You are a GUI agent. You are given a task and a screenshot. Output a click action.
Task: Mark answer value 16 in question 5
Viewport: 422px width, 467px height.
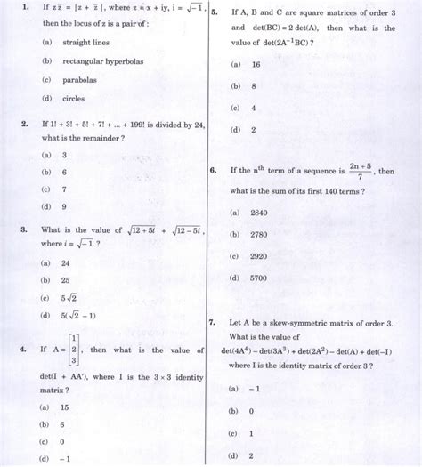[255, 65]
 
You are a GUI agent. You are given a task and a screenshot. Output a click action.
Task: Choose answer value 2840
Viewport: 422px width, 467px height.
[261, 213]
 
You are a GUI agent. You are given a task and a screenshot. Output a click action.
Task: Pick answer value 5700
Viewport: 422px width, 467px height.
[261, 278]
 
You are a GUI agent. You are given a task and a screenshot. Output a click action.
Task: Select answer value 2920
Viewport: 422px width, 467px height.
[261, 256]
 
